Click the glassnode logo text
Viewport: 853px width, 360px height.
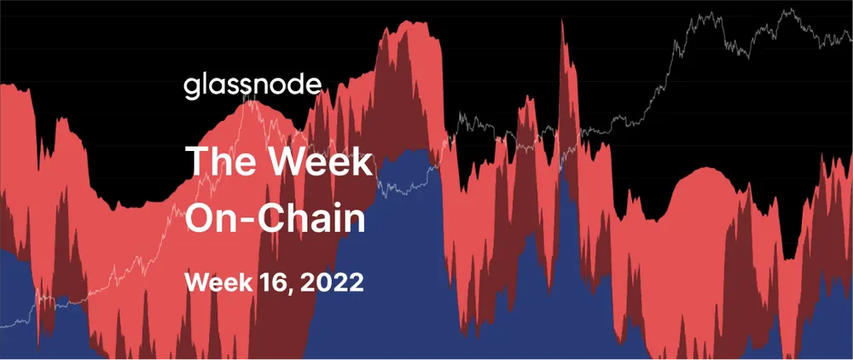253,85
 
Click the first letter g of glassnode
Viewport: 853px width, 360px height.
191,88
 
